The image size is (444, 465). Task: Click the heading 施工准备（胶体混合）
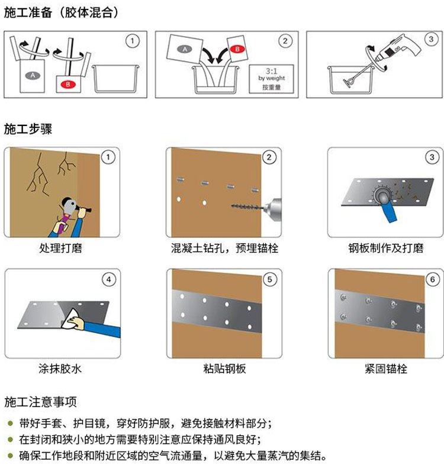point(61,12)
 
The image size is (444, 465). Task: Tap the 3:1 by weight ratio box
point(271,79)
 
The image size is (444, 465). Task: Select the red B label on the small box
point(68,85)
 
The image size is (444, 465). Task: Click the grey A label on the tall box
point(33,76)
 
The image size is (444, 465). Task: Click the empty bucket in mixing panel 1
point(115,79)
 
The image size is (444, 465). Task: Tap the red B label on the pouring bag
point(237,49)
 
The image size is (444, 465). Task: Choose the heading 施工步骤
point(28,130)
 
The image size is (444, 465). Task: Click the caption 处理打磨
point(60,248)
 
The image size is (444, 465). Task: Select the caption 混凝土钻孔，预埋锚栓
point(224,248)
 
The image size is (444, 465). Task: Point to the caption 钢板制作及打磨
point(386,248)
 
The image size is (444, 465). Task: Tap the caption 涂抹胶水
point(60,369)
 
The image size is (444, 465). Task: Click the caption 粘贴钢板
point(224,369)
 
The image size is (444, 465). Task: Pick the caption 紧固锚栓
point(386,369)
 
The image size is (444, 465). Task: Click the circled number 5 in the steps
point(269,279)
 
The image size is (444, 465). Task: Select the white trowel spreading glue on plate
point(70,319)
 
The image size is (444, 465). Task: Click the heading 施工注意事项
point(40,402)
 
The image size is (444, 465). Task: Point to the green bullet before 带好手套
point(11,423)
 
